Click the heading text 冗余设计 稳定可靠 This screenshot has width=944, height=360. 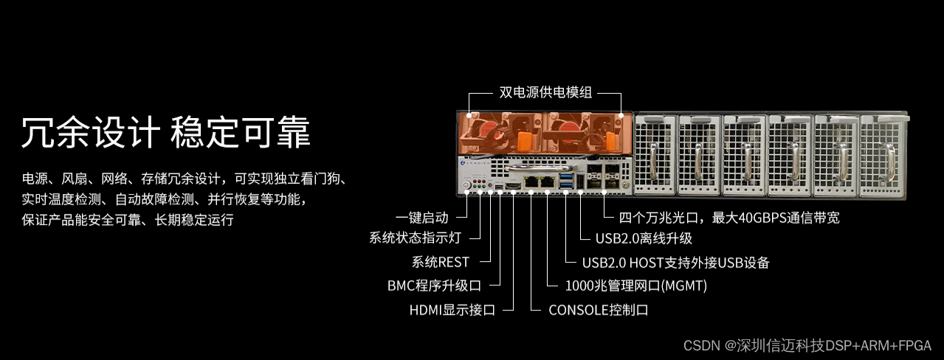point(166,133)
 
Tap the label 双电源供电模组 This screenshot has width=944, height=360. point(545,94)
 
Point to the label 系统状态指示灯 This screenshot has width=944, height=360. point(415,238)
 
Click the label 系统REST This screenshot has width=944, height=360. point(441,262)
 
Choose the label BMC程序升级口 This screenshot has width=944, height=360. point(434,285)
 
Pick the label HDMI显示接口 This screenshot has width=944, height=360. point(452,310)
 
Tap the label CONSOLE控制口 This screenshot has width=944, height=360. point(599,310)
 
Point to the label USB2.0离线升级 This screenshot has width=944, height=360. point(644,238)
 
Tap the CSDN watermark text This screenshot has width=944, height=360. point(807,345)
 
